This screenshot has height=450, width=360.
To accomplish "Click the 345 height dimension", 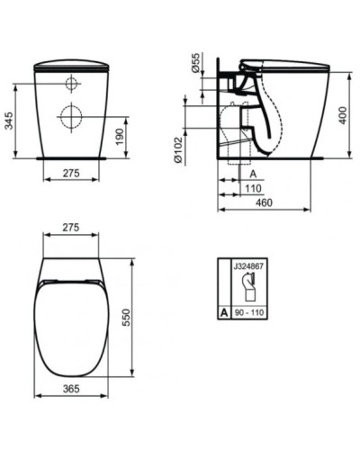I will coord(9,120).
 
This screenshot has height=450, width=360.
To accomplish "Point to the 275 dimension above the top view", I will coord(73,228).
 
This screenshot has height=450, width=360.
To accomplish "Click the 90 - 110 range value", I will coord(251,314).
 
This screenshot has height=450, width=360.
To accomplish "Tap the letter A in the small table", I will coord(223,314).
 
